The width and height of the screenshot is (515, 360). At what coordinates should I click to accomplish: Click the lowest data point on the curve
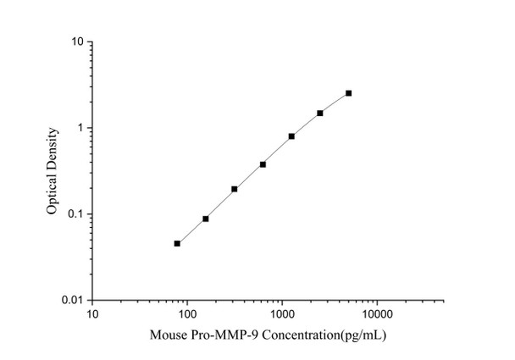click(177, 243)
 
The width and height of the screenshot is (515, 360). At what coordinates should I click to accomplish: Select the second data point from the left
click(206, 219)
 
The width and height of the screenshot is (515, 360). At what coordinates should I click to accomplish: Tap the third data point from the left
click(235, 189)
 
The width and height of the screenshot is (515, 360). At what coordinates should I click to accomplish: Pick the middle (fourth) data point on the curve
click(263, 164)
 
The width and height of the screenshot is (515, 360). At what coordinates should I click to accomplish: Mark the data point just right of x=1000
click(291, 136)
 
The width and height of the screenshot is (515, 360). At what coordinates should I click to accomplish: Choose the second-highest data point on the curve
click(320, 113)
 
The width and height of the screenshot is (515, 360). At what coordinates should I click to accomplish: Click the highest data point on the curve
click(348, 93)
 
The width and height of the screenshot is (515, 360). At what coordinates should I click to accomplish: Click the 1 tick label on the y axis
click(79, 129)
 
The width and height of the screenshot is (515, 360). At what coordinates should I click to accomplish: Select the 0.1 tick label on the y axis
click(75, 214)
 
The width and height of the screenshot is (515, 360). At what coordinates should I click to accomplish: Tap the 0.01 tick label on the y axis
click(73, 301)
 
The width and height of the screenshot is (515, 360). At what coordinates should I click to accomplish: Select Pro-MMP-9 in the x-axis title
click(219, 335)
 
